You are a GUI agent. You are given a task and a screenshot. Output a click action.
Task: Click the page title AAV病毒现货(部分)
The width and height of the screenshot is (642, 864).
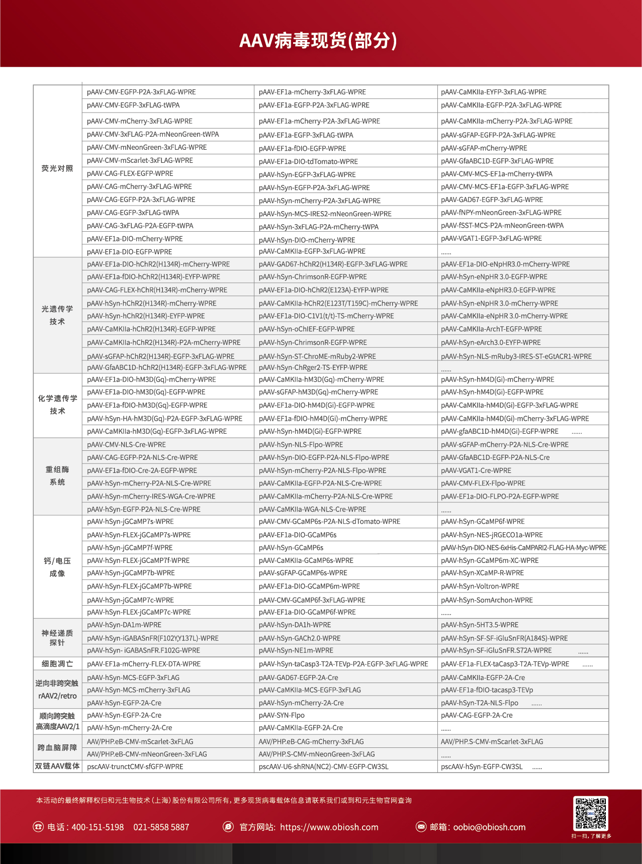click(x=318, y=40)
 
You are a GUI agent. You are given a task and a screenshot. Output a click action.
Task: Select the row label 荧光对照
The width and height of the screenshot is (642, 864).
click(x=57, y=168)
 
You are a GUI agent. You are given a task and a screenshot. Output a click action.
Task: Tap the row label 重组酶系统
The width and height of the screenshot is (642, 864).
click(x=57, y=475)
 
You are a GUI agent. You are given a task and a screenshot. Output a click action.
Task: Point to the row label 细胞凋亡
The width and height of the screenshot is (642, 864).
click(x=57, y=663)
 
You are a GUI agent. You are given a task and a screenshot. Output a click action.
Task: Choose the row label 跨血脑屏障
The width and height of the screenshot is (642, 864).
click(x=57, y=747)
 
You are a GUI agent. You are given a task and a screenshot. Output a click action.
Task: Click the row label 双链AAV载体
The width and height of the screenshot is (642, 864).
click(x=57, y=766)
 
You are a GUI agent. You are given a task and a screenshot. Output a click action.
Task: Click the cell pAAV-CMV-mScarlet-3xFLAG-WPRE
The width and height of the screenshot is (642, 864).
click(x=140, y=160)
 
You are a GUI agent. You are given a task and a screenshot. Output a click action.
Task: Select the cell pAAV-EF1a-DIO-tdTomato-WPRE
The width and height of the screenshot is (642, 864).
click(x=308, y=161)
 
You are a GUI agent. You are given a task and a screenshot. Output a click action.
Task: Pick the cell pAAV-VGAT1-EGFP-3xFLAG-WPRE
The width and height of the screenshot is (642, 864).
click(x=491, y=238)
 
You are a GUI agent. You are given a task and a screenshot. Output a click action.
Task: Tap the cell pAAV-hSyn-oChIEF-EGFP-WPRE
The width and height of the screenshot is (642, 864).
click(x=307, y=329)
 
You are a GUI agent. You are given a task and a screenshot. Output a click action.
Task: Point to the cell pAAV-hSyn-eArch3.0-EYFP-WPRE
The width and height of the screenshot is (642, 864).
click(x=491, y=342)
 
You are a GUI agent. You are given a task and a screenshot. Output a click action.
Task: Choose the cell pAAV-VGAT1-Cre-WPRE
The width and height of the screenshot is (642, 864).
click(x=476, y=470)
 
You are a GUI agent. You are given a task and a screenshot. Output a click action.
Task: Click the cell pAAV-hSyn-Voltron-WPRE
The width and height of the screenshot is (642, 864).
click(x=480, y=586)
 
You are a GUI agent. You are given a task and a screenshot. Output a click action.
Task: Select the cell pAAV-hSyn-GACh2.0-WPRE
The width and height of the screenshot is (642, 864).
click(x=300, y=638)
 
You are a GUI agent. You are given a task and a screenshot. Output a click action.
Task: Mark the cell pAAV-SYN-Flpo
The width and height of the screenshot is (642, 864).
click(x=282, y=715)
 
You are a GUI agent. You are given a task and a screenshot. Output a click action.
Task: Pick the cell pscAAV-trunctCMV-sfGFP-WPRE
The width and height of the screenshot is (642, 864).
click(x=135, y=766)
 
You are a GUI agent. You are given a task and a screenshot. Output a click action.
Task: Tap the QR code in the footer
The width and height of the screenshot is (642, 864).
click(x=591, y=813)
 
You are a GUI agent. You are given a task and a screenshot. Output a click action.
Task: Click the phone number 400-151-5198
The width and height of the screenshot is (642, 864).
click(x=98, y=827)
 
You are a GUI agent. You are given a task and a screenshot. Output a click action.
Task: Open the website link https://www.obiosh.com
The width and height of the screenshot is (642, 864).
click(x=329, y=827)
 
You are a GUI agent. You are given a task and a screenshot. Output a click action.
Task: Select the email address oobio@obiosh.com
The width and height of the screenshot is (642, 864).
click(x=489, y=827)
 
